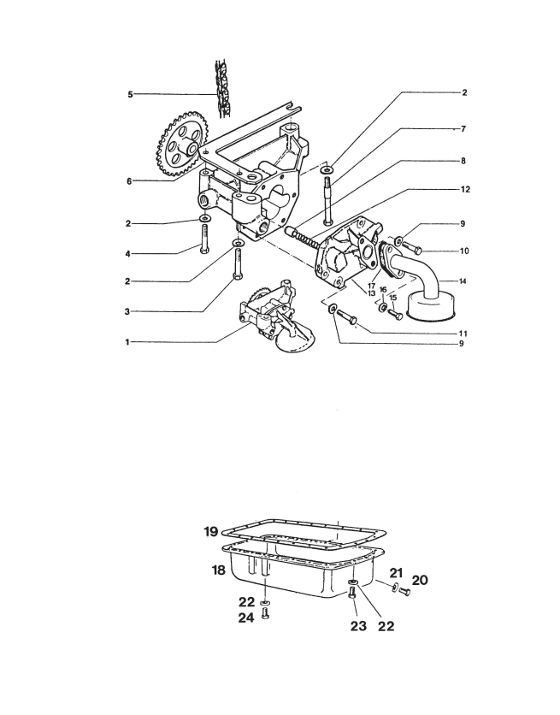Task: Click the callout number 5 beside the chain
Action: [130, 94]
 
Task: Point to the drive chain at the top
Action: [223, 88]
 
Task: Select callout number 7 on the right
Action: [463, 129]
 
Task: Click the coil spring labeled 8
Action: [304, 237]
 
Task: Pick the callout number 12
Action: [465, 189]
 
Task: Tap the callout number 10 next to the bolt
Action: [464, 251]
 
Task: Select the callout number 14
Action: [463, 281]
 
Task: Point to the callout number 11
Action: [463, 334]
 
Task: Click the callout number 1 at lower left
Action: [127, 342]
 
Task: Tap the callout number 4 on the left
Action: [128, 254]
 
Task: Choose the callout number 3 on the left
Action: [127, 312]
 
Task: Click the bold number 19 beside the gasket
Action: [211, 531]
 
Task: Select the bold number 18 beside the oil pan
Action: [219, 570]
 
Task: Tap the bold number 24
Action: [246, 618]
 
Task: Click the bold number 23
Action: [358, 626]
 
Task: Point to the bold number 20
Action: [420, 580]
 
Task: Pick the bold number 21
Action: [397, 573]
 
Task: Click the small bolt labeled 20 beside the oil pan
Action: [404, 592]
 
